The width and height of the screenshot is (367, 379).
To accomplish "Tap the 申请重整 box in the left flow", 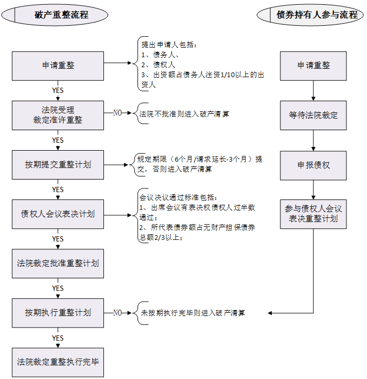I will click(58, 66).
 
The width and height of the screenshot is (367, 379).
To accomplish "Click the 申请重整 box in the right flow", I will click(313, 66).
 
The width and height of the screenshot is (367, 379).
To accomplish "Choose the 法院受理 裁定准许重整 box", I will click(58, 115).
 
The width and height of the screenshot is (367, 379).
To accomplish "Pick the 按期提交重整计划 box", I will click(58, 164).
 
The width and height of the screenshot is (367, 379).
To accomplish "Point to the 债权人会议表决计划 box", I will click(58, 214).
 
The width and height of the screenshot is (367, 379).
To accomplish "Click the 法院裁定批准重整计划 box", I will click(58, 263).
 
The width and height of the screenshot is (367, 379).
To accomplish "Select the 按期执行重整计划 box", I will click(58, 312).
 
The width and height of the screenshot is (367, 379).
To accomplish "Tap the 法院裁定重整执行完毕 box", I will click(58, 362).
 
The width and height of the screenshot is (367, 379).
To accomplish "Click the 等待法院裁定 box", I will click(313, 115).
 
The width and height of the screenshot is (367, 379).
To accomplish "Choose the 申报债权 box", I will click(313, 165).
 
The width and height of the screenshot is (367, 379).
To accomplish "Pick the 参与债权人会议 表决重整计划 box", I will click(313, 214).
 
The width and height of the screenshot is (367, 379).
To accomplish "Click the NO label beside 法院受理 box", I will click(118, 112).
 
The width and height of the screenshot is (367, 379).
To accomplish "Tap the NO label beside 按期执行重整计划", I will click(118, 312).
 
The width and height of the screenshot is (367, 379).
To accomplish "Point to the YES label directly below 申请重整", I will click(58, 90).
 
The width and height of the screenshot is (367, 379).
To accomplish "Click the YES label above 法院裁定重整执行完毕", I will click(58, 338).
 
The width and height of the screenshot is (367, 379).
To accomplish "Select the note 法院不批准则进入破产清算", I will click(184, 113).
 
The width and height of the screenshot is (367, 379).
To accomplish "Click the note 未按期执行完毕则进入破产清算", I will click(193, 313).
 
